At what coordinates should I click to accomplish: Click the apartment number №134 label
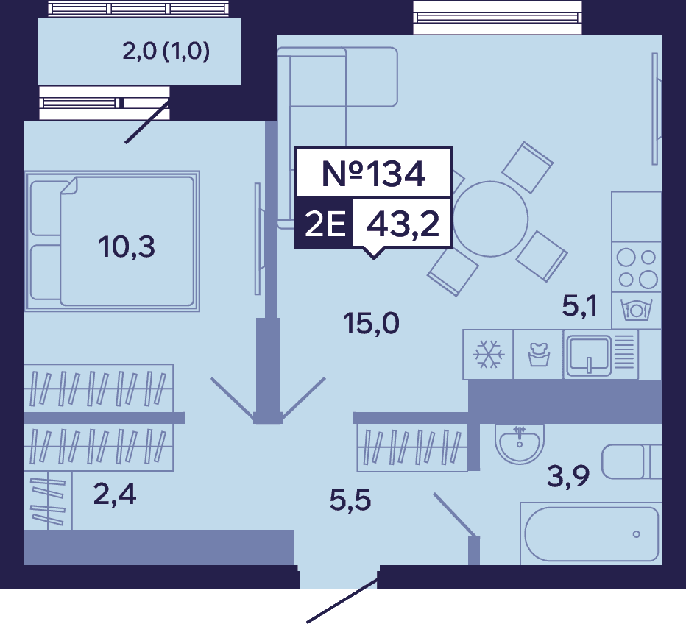pos(374,174)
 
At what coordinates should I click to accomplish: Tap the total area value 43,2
pos(403,224)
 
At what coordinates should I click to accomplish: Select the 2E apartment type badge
pos(325,224)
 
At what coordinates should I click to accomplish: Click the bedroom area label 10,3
pos(127,247)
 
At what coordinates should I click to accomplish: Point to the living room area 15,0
pos(371,324)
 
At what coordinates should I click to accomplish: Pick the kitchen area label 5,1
pos(579,305)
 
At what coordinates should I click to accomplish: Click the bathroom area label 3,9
pos(568,476)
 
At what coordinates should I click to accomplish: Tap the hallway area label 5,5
pos(350,500)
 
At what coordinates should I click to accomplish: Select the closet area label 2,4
pos(115,495)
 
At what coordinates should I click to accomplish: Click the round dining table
pos(490,219)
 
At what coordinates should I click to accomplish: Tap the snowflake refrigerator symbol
pos(488,354)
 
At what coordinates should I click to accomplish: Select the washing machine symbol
pos(538,354)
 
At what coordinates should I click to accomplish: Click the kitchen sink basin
pos(588,355)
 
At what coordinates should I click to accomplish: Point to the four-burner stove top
pos(637,267)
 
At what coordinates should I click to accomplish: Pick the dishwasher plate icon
pos(637,311)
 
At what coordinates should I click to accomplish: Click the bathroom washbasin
pos(520,443)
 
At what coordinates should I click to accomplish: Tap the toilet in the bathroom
pos(632,462)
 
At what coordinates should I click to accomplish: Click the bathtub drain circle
pos(636,534)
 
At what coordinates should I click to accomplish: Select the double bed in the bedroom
pos(113,241)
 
